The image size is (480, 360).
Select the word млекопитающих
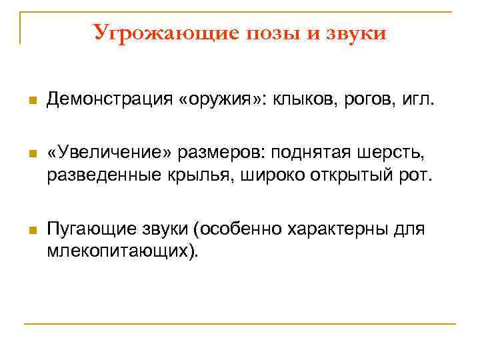point(122,251)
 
